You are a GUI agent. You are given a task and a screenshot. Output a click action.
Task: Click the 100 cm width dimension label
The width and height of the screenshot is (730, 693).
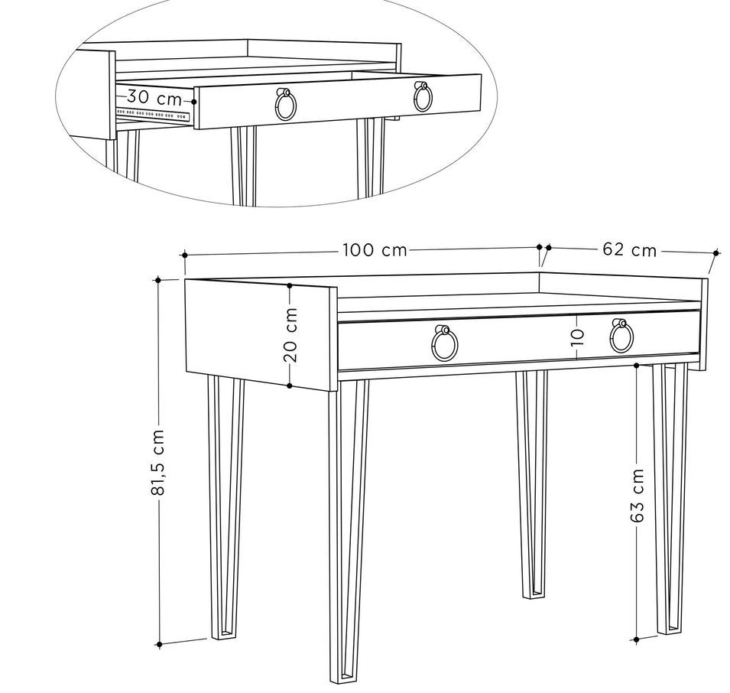(x=375, y=250)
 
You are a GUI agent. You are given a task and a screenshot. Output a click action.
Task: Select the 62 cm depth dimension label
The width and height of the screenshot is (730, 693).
(x=629, y=250)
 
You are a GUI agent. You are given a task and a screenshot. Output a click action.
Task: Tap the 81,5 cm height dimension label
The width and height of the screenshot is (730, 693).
(x=158, y=463)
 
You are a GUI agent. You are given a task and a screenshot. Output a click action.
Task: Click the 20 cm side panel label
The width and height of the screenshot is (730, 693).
(x=290, y=335)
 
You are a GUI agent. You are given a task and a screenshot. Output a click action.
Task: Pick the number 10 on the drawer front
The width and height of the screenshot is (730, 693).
(x=577, y=337)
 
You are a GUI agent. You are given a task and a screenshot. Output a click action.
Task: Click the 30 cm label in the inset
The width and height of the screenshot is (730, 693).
(x=154, y=97)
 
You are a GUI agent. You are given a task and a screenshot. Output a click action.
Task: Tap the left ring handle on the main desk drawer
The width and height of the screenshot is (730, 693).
(x=445, y=343)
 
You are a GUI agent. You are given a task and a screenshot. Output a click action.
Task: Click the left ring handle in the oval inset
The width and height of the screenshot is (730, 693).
(x=284, y=105)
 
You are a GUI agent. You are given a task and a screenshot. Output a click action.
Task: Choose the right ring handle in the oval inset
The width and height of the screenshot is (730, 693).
(x=423, y=97)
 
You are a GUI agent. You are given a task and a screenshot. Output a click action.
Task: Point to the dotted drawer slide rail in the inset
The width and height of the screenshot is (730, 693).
(x=153, y=114)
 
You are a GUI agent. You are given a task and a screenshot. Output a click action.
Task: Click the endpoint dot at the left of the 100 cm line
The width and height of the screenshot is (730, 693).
(x=185, y=255)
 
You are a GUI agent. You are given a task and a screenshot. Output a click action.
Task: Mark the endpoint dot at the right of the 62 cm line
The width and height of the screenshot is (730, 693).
(x=716, y=252)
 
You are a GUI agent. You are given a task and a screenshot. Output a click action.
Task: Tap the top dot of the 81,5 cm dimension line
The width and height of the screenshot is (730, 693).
(x=158, y=280)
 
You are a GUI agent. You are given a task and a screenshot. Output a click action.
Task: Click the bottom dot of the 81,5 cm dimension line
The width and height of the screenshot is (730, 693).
(x=159, y=645)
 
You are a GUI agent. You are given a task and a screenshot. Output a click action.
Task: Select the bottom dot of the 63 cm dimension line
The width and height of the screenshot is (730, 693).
(x=637, y=640)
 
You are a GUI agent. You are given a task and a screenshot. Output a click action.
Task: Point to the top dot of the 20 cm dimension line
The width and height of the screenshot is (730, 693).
(x=290, y=285)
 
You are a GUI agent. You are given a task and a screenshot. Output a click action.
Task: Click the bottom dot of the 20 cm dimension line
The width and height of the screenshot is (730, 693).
(x=290, y=386)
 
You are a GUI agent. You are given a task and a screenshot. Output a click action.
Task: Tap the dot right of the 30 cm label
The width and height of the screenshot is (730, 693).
(x=194, y=101)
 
